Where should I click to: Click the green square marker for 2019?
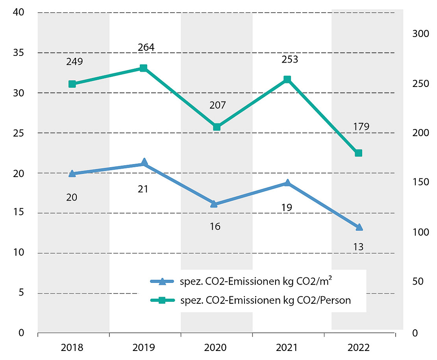[144, 68]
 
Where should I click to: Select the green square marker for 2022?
[358, 153]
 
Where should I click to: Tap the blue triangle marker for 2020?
[215, 204]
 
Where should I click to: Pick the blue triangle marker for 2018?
[72, 174]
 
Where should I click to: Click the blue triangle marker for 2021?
[287, 183]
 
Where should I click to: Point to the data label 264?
[146, 48]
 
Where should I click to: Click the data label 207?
[217, 105]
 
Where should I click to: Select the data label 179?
[361, 127]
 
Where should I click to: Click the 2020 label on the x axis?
[215, 348]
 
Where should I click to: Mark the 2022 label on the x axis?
[359, 348]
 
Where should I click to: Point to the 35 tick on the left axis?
[19, 53]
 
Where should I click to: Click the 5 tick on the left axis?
[21, 293]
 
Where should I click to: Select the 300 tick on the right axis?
[420, 34]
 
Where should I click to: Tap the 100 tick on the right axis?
[420, 232]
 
